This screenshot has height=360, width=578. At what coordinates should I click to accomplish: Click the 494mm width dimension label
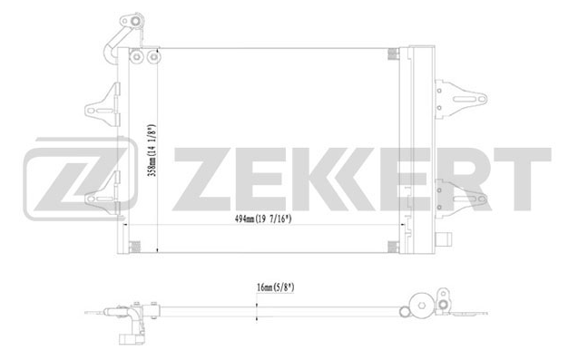263,219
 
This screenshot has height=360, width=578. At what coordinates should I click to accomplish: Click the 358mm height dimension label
152,150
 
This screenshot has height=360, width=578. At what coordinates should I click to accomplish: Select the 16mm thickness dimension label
275,287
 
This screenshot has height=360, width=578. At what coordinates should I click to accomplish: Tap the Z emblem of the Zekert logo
81,179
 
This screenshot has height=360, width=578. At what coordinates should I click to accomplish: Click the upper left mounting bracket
103,106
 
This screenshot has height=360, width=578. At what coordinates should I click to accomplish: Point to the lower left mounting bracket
103,194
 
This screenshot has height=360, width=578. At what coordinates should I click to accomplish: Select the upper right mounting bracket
460,99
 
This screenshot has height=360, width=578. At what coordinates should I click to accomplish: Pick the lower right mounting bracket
460,199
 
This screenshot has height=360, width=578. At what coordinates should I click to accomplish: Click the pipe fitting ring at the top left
136,21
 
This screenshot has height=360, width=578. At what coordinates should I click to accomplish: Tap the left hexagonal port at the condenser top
136,56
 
